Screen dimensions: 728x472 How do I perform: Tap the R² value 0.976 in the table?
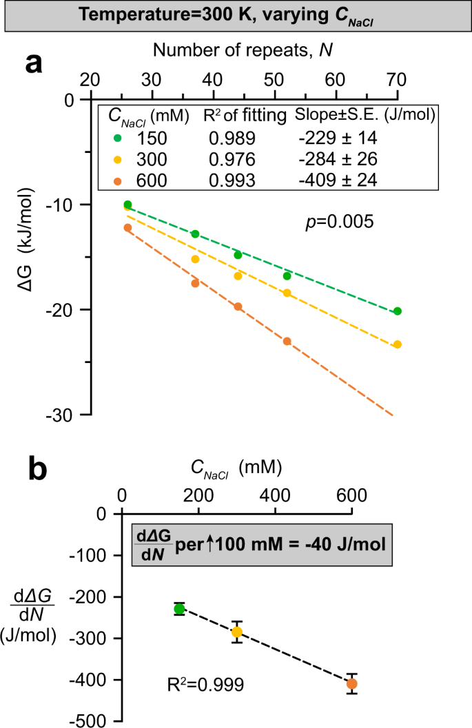point(232,160)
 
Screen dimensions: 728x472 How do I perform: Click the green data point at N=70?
point(397,311)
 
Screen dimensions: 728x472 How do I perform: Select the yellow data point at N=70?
point(397,344)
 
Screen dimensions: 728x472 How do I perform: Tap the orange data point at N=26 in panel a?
point(127,228)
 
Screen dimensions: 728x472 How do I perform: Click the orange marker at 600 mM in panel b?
point(352,683)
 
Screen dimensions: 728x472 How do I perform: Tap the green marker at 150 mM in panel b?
point(179,608)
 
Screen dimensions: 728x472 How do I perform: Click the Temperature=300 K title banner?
point(236,15)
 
